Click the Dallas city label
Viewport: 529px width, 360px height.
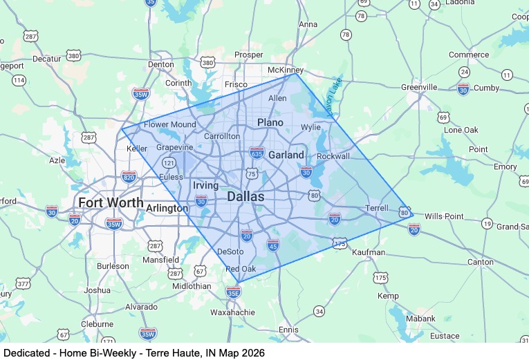pyautogui.click(x=245, y=197)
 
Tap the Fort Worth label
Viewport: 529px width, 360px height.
pyautogui.click(x=111, y=203)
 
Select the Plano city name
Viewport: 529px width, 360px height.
pyautogui.click(x=270, y=122)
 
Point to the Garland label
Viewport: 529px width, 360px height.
pyautogui.click(x=286, y=155)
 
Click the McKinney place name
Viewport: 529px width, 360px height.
pyautogui.click(x=286, y=70)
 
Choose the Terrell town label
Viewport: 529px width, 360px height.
pyautogui.click(x=378, y=208)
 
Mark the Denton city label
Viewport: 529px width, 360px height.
pyautogui.click(x=161, y=64)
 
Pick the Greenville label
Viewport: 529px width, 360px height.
pyautogui.click(x=419, y=87)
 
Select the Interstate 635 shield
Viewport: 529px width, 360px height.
pyautogui.click(x=257, y=151)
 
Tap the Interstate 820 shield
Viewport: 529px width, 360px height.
pyautogui.click(x=129, y=177)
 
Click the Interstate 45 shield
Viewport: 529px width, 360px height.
pyautogui.click(x=273, y=245)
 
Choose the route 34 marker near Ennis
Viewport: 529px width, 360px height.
pyautogui.click(x=319, y=312)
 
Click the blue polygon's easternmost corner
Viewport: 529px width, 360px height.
pyautogui.click(x=413, y=215)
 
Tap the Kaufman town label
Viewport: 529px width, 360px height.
pyautogui.click(x=368, y=252)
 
